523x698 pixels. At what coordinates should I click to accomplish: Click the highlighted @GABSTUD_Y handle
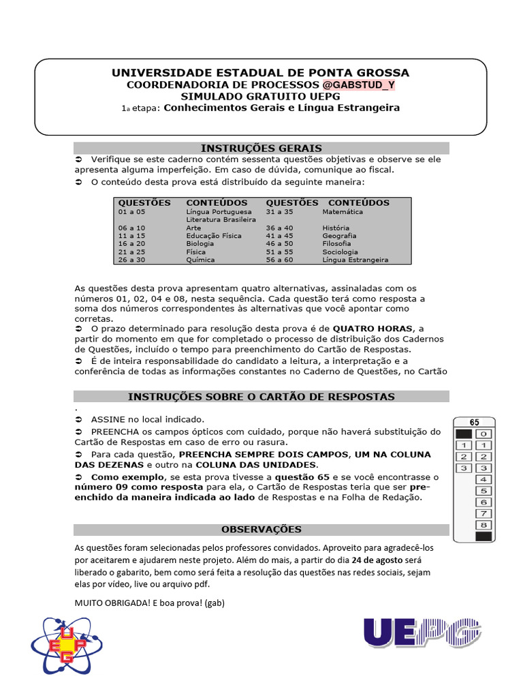click(358, 85)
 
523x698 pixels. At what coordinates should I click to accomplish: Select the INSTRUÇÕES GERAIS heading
click(261, 148)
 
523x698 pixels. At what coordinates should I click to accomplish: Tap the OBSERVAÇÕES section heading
click(261, 529)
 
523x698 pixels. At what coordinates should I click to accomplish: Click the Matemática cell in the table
click(343, 212)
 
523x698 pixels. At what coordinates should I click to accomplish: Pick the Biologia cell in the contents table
click(200, 243)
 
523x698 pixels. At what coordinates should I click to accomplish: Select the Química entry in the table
click(200, 260)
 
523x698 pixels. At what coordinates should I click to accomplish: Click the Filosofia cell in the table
click(336, 243)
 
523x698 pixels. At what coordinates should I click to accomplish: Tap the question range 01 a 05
click(131, 212)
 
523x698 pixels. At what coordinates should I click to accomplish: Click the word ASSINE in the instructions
click(108, 419)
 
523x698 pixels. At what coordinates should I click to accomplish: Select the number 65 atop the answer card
click(474, 422)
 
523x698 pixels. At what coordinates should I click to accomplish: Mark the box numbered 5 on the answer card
click(483, 491)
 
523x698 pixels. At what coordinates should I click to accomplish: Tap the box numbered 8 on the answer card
click(483, 525)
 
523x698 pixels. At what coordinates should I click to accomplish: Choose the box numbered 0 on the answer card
click(483, 434)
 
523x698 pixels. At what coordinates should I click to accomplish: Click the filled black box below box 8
click(483, 536)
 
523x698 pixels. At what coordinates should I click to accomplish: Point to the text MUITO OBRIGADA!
click(113, 603)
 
